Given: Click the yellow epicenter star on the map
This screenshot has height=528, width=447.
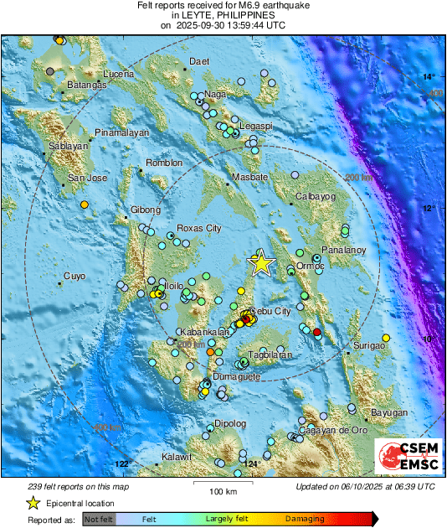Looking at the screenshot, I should (262, 263).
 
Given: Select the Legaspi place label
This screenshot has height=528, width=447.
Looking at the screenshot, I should (255, 126).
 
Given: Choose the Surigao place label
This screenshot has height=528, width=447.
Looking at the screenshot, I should (367, 345).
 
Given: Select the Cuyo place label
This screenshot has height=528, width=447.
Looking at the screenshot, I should (74, 276).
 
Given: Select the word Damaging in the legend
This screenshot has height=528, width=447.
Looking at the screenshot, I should (306, 520).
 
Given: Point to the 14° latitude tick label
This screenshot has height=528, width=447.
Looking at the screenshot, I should (429, 77).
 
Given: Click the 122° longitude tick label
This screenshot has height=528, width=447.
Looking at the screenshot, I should (123, 463).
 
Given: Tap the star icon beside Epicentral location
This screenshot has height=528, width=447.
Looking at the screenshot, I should (33, 503).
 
